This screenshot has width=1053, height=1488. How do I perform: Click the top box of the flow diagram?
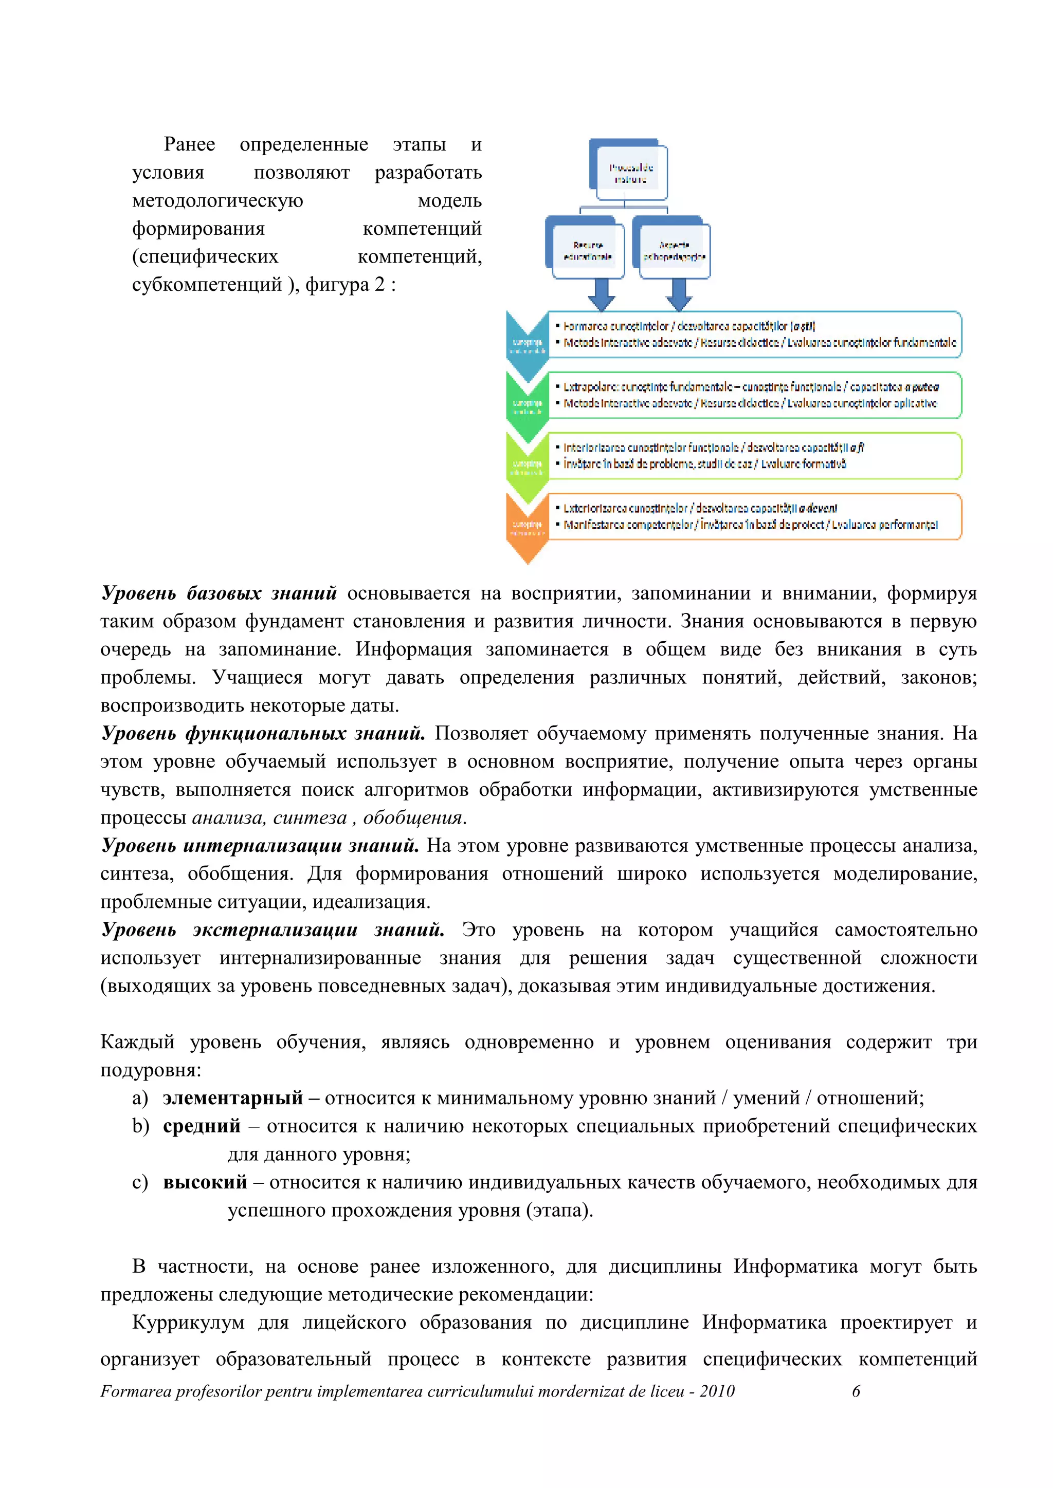[629, 171]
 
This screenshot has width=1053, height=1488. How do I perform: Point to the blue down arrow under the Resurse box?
[601, 295]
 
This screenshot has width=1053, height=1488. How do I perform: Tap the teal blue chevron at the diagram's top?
[527, 345]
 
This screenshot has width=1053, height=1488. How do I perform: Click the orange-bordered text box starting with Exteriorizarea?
[754, 516]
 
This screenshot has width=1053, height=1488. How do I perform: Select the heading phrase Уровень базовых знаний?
[219, 593]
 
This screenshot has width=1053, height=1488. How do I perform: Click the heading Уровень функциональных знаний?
[263, 734]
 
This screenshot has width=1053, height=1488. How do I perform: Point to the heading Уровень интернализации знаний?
[259, 846]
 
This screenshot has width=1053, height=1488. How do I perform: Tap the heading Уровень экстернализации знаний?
[273, 930]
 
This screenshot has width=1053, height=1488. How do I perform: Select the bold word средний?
[201, 1126]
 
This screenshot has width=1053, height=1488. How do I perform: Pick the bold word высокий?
[205, 1182]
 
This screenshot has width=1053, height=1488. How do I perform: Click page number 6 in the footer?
[856, 1391]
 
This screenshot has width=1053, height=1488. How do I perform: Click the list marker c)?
[140, 1182]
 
